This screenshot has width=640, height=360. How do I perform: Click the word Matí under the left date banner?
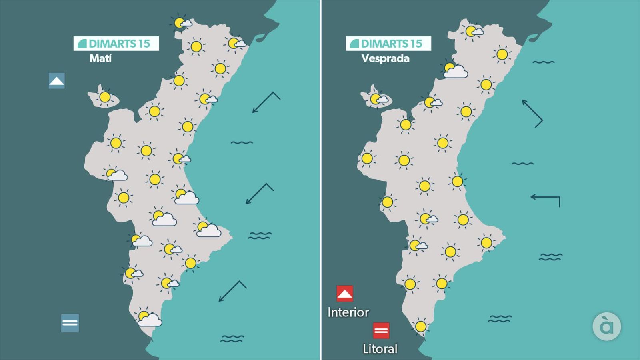coord(100,58)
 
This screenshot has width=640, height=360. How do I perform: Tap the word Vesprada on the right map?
coord(385,58)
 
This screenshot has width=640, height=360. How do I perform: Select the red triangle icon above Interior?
coord(345,294)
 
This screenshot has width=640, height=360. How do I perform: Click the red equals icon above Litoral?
coord(381,330)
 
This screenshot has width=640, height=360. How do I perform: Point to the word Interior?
coord(348,312)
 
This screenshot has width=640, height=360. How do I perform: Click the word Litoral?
coord(380,349)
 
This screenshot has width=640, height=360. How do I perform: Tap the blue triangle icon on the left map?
coord(56,81)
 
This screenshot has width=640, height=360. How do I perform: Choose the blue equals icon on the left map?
coord(70,322)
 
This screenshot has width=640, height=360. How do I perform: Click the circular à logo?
coord(606,326)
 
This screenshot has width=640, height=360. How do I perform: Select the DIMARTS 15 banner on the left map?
coord(116,44)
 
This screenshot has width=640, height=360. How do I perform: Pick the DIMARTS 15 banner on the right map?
coord(388,44)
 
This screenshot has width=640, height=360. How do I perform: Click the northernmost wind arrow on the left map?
coord(266,102)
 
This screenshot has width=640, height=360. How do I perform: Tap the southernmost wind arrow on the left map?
coord(232,291)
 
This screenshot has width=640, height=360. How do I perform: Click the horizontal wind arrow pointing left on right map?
coord(545,198)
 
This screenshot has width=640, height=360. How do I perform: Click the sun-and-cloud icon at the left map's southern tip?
coord(149,318)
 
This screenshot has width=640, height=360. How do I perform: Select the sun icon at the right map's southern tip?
coord(420,326)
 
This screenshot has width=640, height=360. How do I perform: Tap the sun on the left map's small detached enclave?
coord(105,97)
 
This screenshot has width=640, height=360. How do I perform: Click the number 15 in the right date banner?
coord(416,44)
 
